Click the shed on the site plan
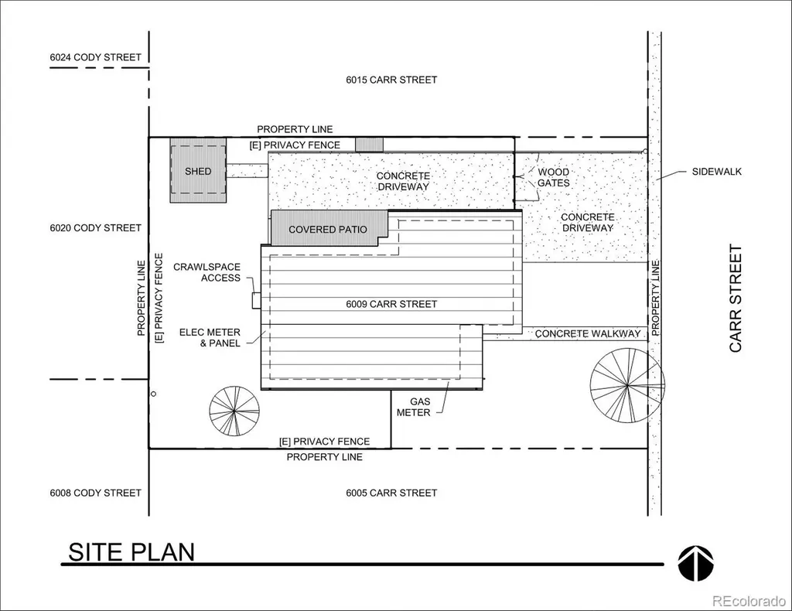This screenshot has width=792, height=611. tap(198, 171)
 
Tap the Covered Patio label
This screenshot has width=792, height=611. tap(328, 229)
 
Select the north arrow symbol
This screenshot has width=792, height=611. tap(695, 563)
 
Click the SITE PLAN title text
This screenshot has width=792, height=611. tap(131, 552)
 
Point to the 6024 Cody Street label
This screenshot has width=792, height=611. tap(95, 57)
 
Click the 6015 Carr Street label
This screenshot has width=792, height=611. tap(391, 80)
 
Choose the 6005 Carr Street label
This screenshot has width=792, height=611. tap(391, 493)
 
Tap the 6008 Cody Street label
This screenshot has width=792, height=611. tap(95, 493)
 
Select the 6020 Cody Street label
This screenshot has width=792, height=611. tap(95, 227)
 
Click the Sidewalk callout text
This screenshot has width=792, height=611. tap(717, 171)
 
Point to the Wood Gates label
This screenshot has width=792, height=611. tap(554, 177)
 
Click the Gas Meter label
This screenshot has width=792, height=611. tap(414, 407)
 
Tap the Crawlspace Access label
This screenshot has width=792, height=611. tap(207, 272)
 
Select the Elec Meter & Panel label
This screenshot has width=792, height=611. tap(210, 337)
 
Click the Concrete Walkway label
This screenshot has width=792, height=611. tap(588, 333)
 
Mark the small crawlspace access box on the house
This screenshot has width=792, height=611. tap(257, 300)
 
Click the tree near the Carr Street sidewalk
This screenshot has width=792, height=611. tap(627, 386)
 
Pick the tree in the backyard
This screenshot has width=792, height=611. tap(234, 411)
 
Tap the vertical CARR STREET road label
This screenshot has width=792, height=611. tap(736, 299)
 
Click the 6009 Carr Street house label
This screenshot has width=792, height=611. tap(391, 304)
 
